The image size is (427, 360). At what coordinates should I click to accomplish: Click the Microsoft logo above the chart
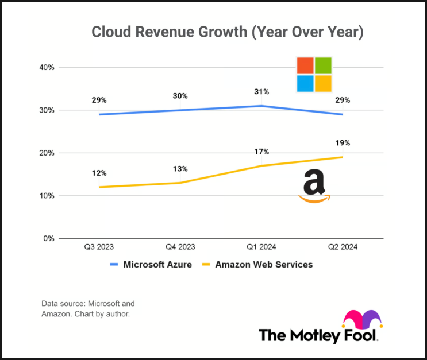pos(314,75)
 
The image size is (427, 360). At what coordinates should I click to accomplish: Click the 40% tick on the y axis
pos(47,67)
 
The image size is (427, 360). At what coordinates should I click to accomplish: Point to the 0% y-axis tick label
pos(49,238)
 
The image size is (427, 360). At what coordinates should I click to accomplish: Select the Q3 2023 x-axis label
pos(98,247)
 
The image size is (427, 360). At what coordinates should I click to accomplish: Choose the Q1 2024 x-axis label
pos(261,247)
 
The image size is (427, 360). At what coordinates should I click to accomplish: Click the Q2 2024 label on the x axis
pos(343,247)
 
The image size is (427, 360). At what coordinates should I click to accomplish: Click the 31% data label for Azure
pos(261,92)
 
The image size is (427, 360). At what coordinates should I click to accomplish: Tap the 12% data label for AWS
pos(99,173)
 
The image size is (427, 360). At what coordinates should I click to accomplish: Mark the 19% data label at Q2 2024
pos(343,143)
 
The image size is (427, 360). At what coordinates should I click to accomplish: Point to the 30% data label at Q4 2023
pos(180,96)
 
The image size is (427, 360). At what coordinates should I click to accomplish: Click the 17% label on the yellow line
pos(261,152)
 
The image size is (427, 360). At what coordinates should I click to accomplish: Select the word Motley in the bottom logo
pos(320,335)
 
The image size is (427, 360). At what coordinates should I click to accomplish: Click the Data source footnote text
pos(88,308)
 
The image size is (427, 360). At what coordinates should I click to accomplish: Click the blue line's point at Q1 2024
pos(261,106)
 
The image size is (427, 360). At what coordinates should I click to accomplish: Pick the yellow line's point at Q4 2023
pos(180,183)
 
